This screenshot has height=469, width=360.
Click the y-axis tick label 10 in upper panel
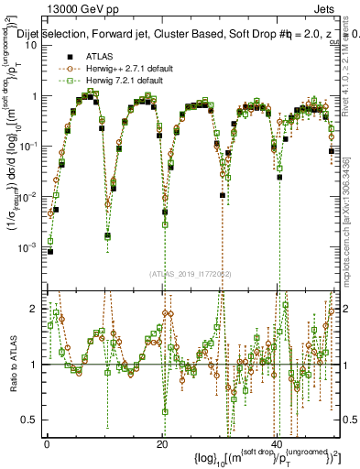click(x=32, y=45)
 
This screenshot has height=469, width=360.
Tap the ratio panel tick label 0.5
click(x=32, y=420)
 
